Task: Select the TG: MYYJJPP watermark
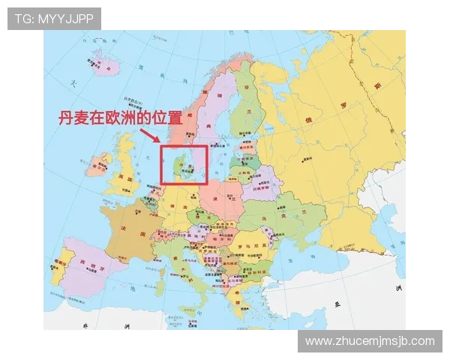coord(54,18)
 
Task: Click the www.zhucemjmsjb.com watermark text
coord(370,341)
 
